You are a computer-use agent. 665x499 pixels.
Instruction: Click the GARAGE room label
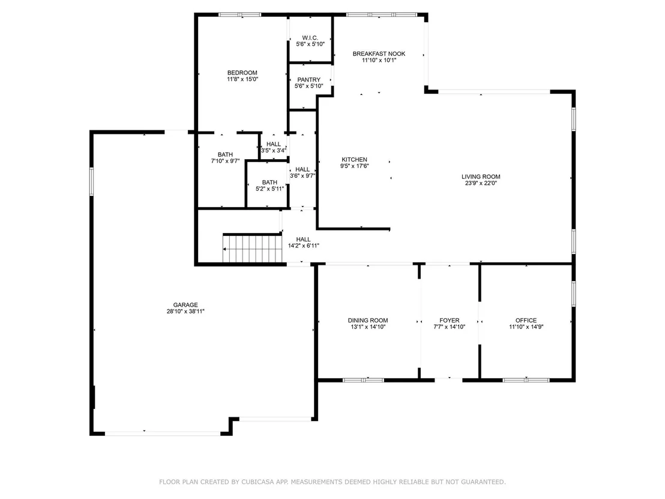coord(185,304)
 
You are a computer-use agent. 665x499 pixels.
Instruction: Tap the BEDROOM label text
coord(242,73)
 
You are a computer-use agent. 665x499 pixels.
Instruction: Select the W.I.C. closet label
coord(310,38)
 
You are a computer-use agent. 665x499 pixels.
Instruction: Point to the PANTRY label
coord(308,80)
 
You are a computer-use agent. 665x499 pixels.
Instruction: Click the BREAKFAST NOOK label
coord(379,54)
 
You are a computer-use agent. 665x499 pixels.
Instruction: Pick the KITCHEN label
coord(355,160)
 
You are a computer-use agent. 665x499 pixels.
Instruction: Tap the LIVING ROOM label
coord(481,177)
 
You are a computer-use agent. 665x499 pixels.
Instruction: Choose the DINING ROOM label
coord(368,321)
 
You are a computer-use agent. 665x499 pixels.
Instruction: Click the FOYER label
coord(450,321)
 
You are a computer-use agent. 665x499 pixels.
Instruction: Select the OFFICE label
coord(526,321)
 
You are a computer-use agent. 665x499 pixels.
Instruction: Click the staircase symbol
coord(252,248)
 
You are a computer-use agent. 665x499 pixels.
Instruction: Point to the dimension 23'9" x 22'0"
coord(481,183)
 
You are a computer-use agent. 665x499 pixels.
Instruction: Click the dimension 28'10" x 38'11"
coord(185,311)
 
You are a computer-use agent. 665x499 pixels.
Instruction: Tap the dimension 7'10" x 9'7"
coord(225,162)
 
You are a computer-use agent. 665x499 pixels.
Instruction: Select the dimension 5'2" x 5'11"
coord(269,189)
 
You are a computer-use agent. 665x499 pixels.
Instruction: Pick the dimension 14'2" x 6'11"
coord(303,246)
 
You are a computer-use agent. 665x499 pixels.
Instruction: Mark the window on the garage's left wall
coord(92,181)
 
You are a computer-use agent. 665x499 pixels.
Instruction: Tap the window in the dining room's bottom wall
coord(364,380)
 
